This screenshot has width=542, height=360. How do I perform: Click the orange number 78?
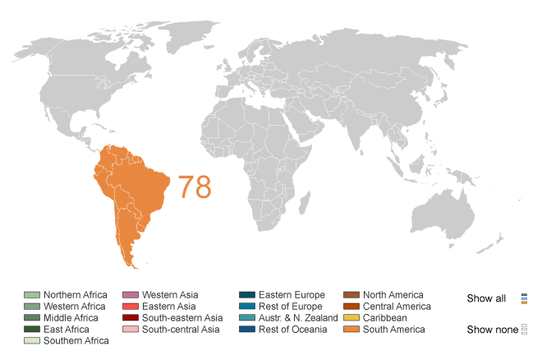click(195, 187)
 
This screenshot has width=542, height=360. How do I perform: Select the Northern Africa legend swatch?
click(32, 295)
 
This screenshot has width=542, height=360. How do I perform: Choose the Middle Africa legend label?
click(71, 318)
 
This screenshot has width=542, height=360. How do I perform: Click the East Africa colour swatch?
click(32, 330)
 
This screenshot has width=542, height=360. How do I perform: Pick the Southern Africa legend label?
click(76, 341)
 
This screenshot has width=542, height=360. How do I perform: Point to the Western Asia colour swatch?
click(130, 295)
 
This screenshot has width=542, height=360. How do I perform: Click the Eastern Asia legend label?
click(168, 307)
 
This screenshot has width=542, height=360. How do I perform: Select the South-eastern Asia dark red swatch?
click(130, 318)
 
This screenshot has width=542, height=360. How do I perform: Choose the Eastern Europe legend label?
click(292, 295)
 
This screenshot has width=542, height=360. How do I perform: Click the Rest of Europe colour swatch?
click(247, 307)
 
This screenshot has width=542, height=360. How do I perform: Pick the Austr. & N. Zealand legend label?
click(298, 318)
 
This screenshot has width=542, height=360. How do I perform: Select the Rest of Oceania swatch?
click(247, 330)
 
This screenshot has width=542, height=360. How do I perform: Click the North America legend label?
click(393, 295)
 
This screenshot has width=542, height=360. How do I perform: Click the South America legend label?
click(394, 330)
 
